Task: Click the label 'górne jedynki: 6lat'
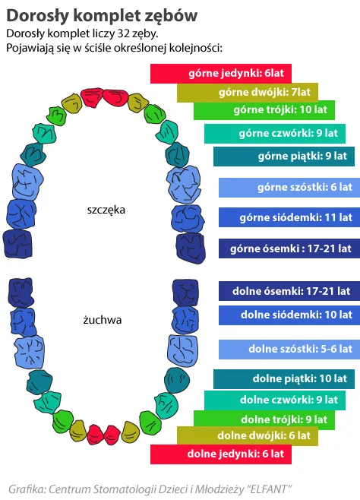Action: pos(235,73)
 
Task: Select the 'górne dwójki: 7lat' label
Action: pos(264,92)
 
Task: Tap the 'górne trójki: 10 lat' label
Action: pos(280,109)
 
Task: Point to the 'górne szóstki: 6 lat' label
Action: pos(305,187)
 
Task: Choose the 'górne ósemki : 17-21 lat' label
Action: pos(291,248)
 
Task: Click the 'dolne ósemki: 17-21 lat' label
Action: pos(291,291)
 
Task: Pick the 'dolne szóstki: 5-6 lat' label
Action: pos(301,349)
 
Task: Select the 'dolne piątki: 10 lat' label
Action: pos(300,378)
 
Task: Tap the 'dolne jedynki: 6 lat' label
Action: pos(235,454)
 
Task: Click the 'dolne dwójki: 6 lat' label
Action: pos(264,435)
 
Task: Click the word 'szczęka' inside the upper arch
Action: pos(106,210)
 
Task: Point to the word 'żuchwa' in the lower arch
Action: pos(103,319)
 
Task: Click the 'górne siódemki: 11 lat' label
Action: pos(296,217)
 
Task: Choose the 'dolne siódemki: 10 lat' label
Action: pos(297,315)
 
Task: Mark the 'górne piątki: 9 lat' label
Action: pos(302,156)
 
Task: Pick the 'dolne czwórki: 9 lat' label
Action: pos(289,400)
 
